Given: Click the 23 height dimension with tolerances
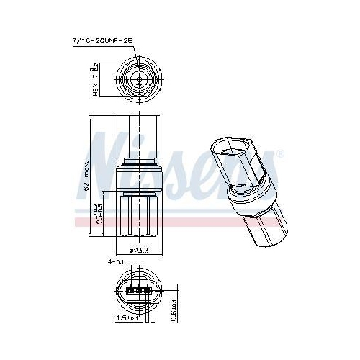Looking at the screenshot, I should coord(101,213).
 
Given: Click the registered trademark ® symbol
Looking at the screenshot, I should coord(280,153).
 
